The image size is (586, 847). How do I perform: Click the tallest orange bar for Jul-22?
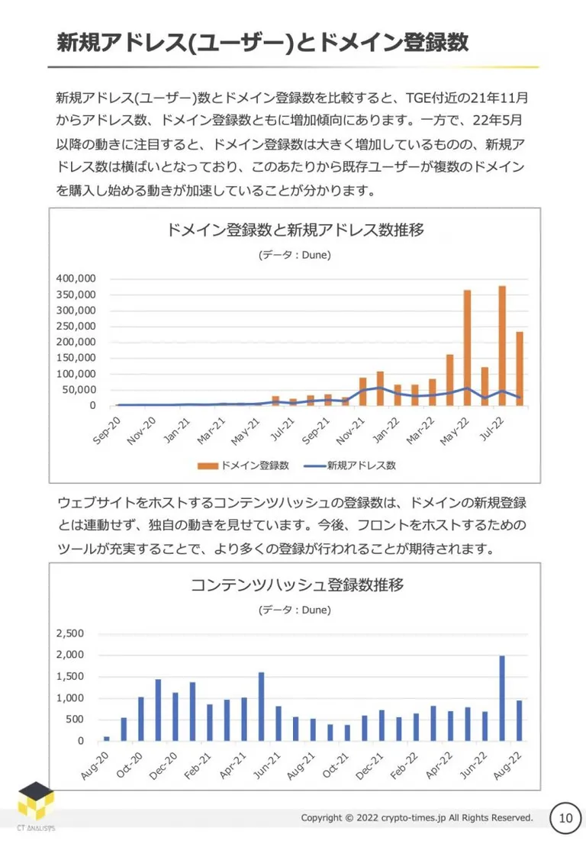tap(502, 346)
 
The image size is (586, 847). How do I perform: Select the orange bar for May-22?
tap(467, 348)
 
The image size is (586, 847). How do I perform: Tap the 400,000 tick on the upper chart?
tap(76, 279)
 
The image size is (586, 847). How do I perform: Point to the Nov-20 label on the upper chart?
tap(141, 431)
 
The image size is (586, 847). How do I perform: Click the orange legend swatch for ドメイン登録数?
tap(208, 465)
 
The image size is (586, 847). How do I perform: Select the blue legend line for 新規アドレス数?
tap(314, 465)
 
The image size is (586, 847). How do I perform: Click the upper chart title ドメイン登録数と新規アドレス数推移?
tap(295, 230)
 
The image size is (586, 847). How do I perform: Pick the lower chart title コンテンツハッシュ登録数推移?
tap(297, 585)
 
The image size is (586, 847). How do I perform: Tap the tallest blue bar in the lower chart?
tap(502, 698)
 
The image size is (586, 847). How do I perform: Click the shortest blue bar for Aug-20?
tap(106, 739)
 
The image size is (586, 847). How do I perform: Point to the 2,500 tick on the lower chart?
tap(70, 633)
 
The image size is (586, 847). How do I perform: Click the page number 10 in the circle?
tap(565, 818)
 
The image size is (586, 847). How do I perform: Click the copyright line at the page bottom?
tap(417, 818)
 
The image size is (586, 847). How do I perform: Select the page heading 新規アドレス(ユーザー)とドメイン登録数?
tap(262, 42)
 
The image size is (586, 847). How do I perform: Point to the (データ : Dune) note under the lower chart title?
tap(295, 610)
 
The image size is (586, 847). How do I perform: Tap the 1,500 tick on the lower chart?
tap(70, 676)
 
